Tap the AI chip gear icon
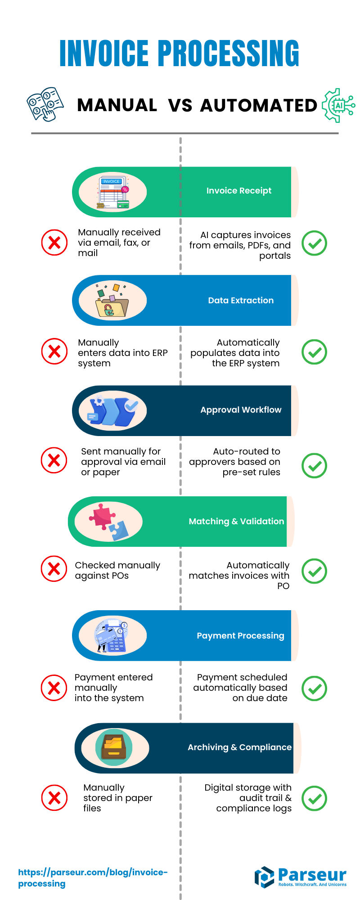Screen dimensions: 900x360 [338, 106]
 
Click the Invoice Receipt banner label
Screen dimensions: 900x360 [239, 191]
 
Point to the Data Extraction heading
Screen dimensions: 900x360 [241, 301]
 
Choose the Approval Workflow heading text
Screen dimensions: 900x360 [241, 410]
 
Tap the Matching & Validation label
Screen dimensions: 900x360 [236, 522]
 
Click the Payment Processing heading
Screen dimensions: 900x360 [240, 636]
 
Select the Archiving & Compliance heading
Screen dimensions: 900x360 [239, 747]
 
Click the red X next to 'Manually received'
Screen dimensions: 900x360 [54, 243]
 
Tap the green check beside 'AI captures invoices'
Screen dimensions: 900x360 [314, 243]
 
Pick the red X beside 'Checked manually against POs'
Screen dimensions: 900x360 [54, 569]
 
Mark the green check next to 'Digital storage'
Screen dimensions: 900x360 [314, 799]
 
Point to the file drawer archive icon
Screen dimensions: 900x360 [114, 747]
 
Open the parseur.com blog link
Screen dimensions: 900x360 [92, 878]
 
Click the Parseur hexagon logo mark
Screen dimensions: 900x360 [264, 877]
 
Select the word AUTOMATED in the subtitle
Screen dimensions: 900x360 [259, 106]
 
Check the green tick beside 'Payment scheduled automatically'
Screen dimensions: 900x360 [314, 688]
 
